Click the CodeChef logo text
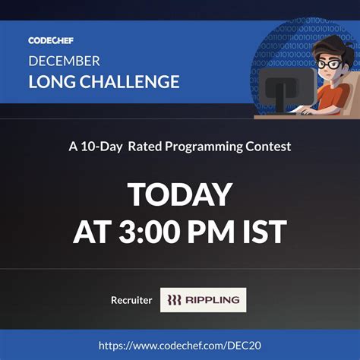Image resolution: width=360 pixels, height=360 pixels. click(x=51, y=40)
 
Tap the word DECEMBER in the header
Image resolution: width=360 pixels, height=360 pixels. click(x=64, y=61)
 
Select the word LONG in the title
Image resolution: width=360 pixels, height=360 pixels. click(x=49, y=81)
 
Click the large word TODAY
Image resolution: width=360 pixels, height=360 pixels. click(x=180, y=194)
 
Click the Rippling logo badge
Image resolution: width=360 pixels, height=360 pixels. click(x=203, y=300)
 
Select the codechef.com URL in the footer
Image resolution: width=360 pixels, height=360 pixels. click(x=179, y=346)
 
